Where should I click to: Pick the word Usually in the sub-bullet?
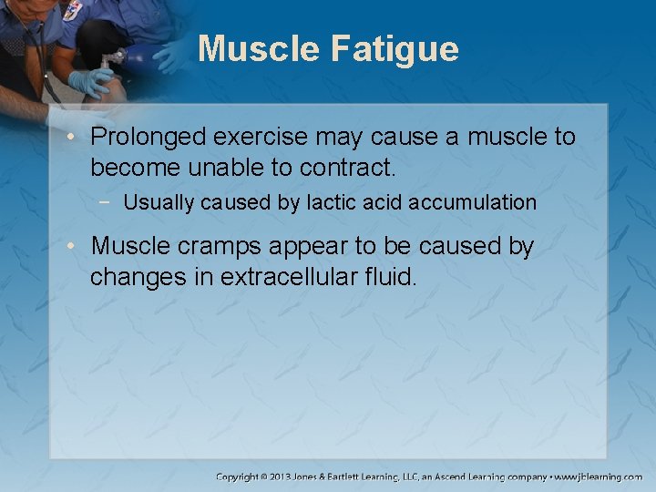coord(159,202)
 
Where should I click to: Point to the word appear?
coord(293,247)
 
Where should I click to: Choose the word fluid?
coord(389,277)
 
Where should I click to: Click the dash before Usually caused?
coord(109,202)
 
